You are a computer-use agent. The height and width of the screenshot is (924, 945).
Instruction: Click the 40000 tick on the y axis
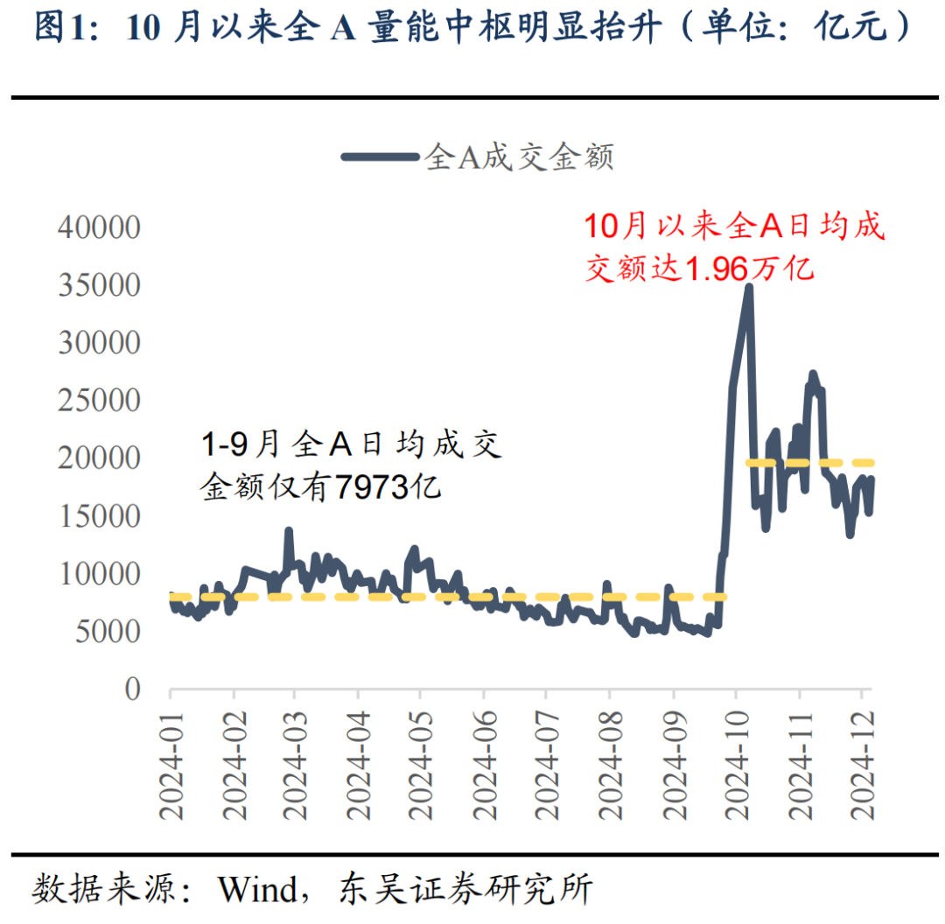tap(99, 227)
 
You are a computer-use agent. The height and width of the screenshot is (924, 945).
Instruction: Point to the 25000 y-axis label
tap(99, 401)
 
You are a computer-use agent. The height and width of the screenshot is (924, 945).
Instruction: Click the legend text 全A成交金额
tap(519, 157)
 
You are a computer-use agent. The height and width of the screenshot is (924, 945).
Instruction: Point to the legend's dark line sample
tap(379, 157)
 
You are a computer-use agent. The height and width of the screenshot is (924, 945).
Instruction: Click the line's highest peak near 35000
tap(749, 287)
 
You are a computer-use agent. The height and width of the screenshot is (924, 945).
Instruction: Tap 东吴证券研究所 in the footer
tap(465, 890)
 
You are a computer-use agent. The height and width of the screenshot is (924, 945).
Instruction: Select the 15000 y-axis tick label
tap(99, 516)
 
